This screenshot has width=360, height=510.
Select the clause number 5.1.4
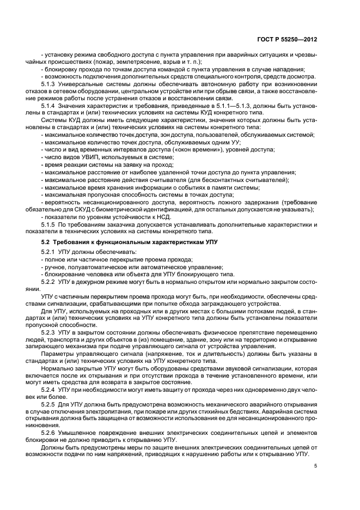tap(51, 104)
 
